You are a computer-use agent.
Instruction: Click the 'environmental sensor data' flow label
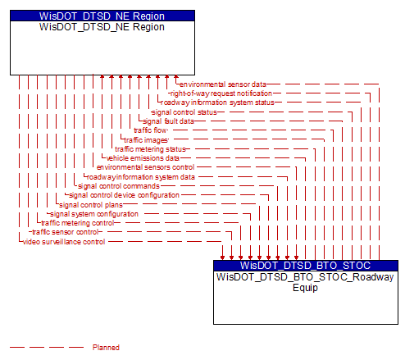pos(223,84)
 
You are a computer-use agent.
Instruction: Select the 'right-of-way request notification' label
pos(221,93)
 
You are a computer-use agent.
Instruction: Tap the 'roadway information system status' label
pos(217,103)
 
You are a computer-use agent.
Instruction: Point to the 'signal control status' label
pos(184,112)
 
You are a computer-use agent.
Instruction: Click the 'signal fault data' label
pos(168,121)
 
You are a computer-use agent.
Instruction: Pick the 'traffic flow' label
pos(150,130)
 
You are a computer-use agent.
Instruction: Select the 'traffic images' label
pos(146,140)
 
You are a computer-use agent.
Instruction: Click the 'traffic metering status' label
pos(150,149)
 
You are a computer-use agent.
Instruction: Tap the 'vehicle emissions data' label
pos(143,158)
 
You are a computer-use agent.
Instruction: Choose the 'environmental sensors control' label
pos(145,167)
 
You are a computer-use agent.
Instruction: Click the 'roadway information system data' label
pos(141,177)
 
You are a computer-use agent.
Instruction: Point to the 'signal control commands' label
pos(119,186)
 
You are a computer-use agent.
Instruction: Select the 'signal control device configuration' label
pos(124,195)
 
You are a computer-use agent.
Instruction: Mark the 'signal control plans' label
pos(91,205)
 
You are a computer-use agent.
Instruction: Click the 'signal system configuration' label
pos(94,214)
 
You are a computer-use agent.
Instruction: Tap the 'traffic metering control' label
pos(78,223)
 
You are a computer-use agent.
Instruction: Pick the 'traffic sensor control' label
pos(65,232)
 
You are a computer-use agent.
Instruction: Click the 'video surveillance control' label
pos(64,242)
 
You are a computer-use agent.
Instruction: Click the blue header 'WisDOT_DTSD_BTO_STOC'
pos(306,266)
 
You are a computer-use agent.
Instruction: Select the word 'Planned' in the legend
pos(106,348)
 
